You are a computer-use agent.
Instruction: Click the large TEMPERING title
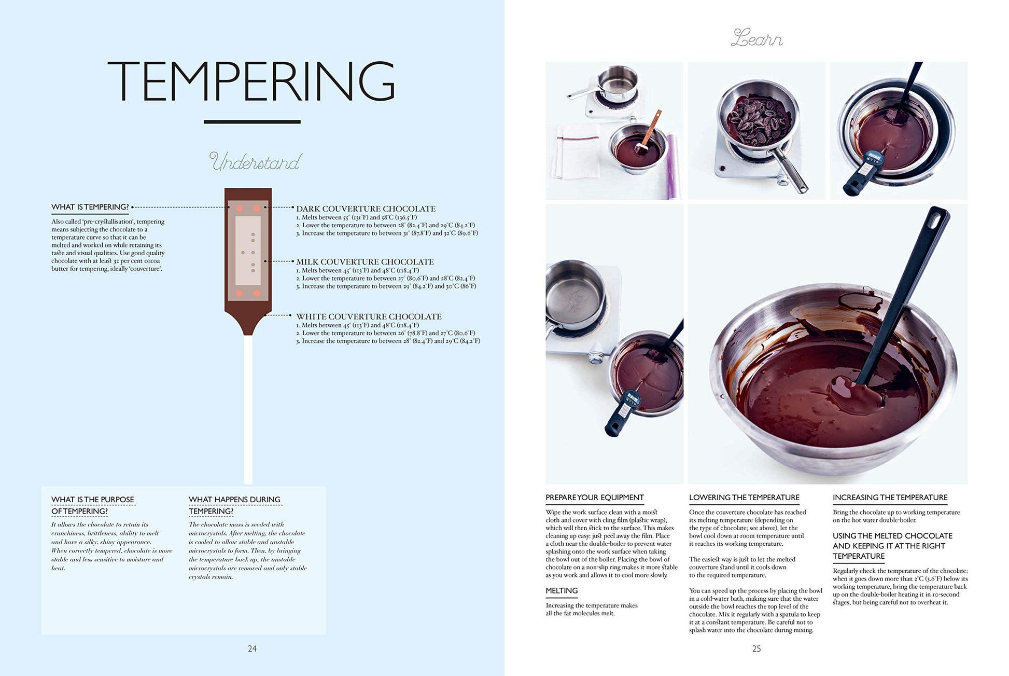(251, 81)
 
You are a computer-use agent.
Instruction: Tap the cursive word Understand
(255, 162)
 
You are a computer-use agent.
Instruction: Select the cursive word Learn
(756, 38)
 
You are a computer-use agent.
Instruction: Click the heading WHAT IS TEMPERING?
(90, 207)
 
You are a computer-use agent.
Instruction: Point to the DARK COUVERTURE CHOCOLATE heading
(366, 209)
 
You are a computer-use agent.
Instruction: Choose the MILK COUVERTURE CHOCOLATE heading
(365, 262)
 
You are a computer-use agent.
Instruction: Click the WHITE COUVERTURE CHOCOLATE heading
(369, 316)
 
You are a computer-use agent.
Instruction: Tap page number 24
(252, 649)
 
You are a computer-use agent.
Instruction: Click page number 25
(756, 649)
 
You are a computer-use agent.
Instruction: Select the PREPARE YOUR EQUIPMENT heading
(595, 498)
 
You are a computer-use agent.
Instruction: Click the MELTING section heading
(562, 591)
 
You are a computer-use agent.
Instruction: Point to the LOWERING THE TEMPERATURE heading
(744, 498)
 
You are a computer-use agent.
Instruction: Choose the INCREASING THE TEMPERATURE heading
(890, 498)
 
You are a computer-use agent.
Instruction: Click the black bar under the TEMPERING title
(252, 122)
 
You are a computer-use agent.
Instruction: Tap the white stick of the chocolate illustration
(248, 410)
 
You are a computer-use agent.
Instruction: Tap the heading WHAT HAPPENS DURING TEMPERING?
(234, 505)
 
